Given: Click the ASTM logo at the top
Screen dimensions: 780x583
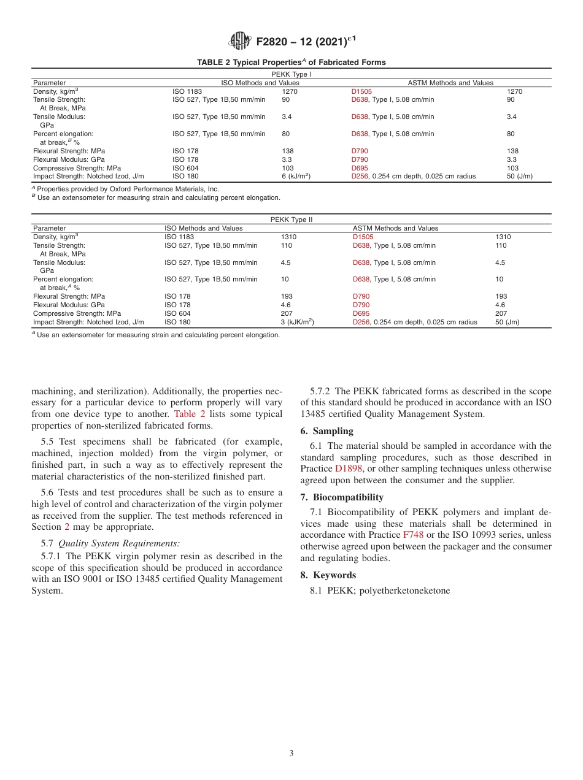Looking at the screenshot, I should click(239, 42).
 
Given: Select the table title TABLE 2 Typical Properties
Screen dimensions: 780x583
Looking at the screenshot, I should click(291, 63).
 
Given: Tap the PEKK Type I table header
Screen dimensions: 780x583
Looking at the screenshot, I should click(291, 74).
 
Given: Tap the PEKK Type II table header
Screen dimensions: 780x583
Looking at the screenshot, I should click(291, 220).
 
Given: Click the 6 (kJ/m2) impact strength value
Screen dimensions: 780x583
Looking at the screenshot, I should click(296, 177).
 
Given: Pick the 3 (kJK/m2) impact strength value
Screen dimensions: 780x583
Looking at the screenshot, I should click(297, 322).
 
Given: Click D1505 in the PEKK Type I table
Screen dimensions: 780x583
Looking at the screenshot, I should click(361, 91).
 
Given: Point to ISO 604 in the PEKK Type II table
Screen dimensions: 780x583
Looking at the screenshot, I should click(177, 313).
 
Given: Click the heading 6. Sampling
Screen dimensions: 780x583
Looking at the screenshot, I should click(326, 431).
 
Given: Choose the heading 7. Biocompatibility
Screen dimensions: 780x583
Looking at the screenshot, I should click(341, 497).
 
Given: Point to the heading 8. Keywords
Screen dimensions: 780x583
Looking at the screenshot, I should click(328, 575).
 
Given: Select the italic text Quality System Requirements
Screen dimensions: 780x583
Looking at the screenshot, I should click(119, 543).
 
